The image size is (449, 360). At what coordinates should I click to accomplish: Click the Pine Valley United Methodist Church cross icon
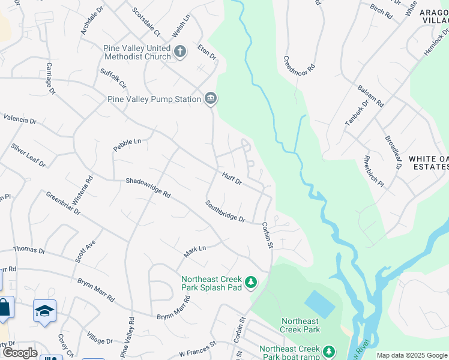click(179, 51)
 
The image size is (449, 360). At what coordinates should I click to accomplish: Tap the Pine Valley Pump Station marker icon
click(210, 99)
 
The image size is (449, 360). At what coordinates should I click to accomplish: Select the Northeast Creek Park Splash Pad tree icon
click(252, 281)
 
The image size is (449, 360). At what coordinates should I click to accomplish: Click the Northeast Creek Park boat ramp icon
click(328, 351)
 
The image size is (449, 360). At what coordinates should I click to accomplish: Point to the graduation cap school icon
click(44, 311)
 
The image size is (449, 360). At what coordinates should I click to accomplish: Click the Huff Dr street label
click(232, 178)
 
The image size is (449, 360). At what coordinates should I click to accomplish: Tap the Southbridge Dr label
click(225, 211)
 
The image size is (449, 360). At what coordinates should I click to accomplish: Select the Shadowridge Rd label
click(148, 187)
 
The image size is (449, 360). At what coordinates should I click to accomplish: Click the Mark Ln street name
click(194, 251)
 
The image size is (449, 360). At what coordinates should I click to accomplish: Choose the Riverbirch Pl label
click(373, 173)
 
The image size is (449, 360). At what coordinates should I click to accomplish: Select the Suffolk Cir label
click(113, 79)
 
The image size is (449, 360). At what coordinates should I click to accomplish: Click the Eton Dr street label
click(206, 53)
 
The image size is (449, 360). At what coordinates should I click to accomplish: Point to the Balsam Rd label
click(372, 95)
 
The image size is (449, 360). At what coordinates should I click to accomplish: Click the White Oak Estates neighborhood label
click(429, 163)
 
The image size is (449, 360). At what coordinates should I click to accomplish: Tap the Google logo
click(19, 352)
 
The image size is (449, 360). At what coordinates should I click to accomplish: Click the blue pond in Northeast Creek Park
click(320, 304)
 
